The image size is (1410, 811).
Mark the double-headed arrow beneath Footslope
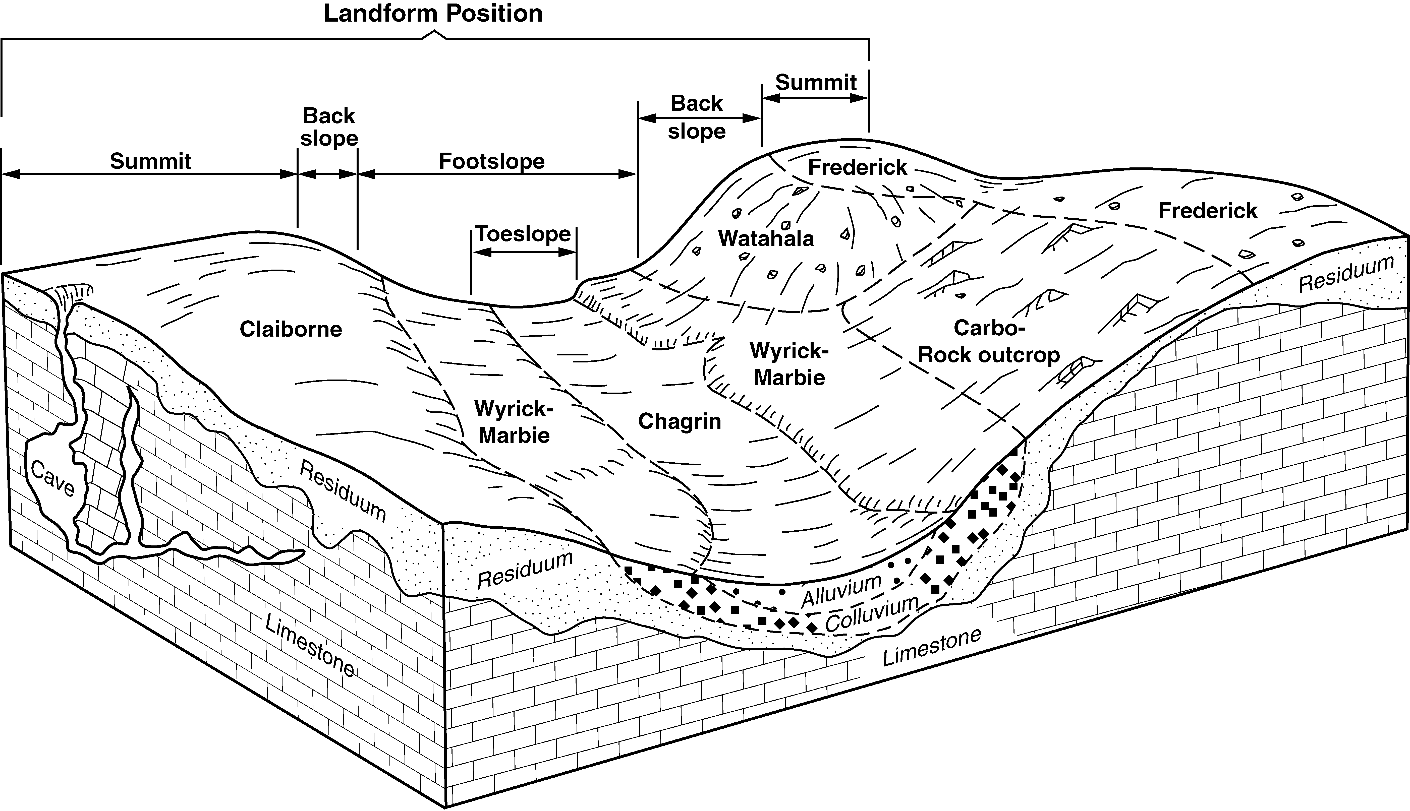pyautogui.click(x=497, y=174)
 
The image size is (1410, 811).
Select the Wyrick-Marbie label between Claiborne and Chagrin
pyautogui.click(x=514, y=422)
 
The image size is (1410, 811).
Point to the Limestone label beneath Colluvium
pyautogui.click(x=931, y=647)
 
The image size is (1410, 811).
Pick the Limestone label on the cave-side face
pyautogui.click(x=309, y=645)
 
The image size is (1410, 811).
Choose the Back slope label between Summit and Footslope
pyautogui.click(x=329, y=127)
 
